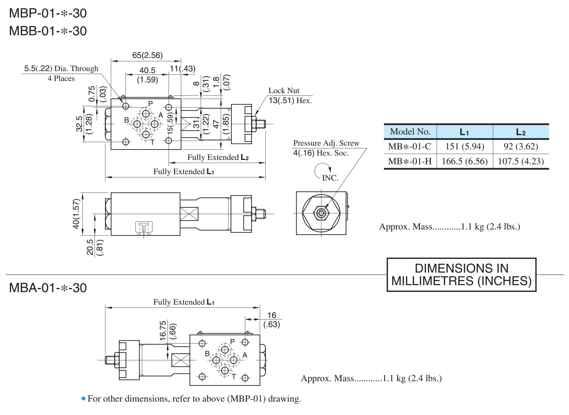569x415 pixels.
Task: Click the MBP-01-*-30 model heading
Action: point(48,13)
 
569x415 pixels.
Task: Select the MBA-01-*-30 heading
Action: point(48,288)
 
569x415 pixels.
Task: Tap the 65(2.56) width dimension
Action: point(147,55)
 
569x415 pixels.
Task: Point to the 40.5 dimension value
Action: point(147,70)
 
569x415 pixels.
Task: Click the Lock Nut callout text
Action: point(284,91)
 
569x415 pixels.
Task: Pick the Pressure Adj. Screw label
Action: point(326,143)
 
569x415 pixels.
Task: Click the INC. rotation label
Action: point(330,178)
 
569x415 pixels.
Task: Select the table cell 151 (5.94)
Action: point(465,146)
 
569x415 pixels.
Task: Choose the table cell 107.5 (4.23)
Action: point(521,161)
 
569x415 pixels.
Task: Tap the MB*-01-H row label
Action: point(410,161)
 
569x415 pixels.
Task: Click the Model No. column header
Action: point(410,132)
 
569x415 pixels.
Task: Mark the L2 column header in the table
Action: point(521,132)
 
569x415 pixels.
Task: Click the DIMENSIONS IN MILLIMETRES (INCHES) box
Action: point(461,275)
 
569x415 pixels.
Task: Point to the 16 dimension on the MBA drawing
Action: point(272,315)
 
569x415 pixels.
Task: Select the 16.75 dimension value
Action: point(163,330)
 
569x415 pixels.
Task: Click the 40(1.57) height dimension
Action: point(76,213)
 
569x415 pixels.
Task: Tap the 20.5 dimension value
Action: point(90,247)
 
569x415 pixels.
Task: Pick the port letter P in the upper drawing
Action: point(151,104)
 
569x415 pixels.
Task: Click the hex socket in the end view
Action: point(321,213)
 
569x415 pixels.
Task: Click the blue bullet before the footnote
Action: point(84,398)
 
